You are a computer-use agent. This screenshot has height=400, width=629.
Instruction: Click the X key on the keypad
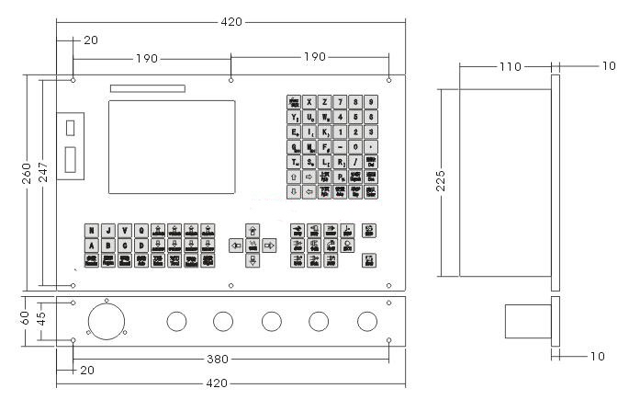[309, 101]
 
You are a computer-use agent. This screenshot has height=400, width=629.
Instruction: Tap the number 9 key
[370, 101]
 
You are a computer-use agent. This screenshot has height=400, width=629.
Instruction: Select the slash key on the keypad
[355, 162]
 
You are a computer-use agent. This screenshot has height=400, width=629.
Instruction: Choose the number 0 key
[355, 147]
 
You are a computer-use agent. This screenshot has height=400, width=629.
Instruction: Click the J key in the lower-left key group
[107, 230]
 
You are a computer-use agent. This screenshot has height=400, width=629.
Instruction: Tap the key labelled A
[92, 246]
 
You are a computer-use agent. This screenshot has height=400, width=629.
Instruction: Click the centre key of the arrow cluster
[253, 246]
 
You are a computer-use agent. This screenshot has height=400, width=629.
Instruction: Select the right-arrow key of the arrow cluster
[269, 246]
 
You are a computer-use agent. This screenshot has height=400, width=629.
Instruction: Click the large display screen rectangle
[171, 146]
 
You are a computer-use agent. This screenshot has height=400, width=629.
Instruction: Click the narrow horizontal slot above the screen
[147, 89]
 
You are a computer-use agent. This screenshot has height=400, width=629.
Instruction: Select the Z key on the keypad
[325, 101]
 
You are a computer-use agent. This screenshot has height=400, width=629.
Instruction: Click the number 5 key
[355, 117]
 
